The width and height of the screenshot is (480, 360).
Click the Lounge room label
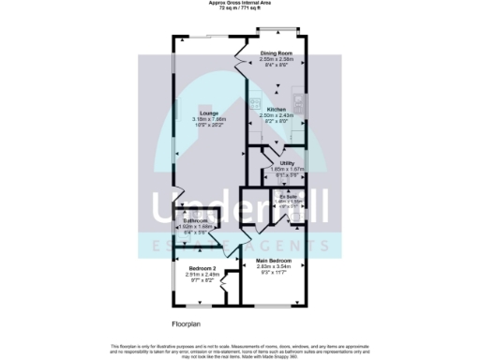197,113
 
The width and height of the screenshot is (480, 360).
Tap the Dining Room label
277,53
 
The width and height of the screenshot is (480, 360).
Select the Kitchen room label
276,110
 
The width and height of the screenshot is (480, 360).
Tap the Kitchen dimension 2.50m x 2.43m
276,115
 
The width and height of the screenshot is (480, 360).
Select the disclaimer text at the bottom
240,349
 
